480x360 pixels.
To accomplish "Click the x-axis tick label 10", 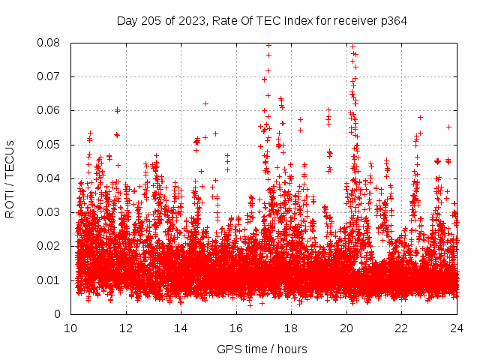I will [70, 328].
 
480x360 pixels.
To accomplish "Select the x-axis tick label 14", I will [181, 328].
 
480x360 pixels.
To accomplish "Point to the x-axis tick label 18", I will [291, 328].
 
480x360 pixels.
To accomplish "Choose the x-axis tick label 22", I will [401, 328].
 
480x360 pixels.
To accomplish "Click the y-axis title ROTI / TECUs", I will [10, 178].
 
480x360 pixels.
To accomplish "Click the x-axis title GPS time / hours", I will [262, 349].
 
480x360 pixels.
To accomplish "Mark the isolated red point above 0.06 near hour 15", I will [205, 103].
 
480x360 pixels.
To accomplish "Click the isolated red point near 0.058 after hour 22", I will [420, 117].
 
